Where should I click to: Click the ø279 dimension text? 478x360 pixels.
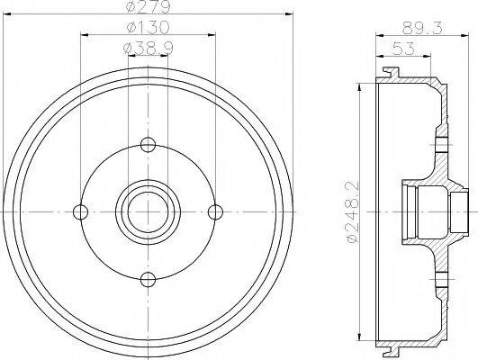click(x=148, y=7)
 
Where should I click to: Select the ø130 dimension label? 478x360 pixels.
click(x=148, y=28)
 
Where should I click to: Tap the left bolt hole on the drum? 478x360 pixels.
click(x=81, y=211)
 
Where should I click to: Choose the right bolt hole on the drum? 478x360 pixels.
click(x=215, y=211)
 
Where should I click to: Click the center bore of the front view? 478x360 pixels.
click(x=148, y=211)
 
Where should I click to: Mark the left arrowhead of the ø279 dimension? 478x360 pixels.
click(x=5, y=15)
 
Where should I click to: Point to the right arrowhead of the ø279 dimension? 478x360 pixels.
click(x=292, y=15)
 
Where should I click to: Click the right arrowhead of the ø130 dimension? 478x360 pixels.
click(x=213, y=36)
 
